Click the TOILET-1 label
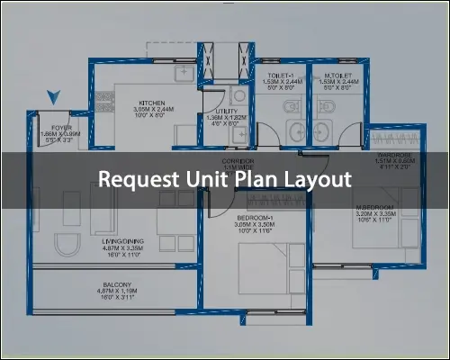click(282, 75)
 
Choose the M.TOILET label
click(337, 75)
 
